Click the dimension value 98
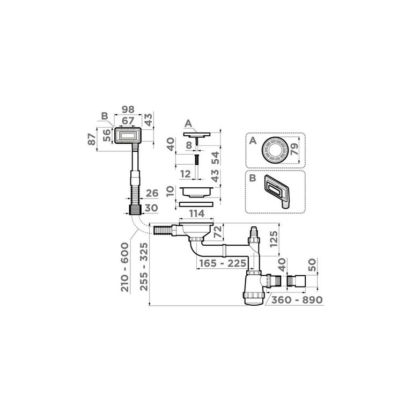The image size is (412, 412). [x=128, y=109]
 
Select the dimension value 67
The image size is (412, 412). [x=128, y=121]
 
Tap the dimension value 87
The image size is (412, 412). [x=91, y=139]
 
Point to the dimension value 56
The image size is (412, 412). [x=107, y=136]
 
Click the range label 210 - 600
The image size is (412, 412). [x=125, y=267]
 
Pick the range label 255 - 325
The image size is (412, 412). [x=144, y=267]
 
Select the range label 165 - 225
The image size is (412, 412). [x=223, y=263]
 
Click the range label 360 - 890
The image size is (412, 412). [x=297, y=300]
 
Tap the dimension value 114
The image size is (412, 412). [x=197, y=214]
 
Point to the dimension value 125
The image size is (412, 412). [x=273, y=239]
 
